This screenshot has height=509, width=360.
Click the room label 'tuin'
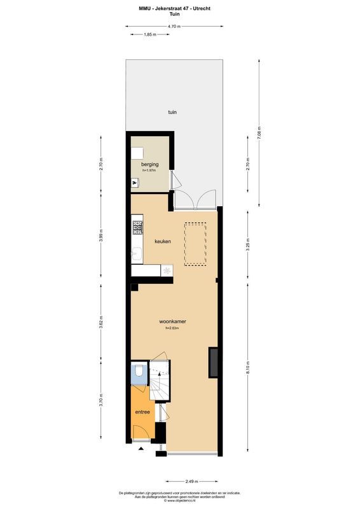[172, 111]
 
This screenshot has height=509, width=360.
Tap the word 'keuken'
[163, 241]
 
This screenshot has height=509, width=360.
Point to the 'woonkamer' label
[172, 321]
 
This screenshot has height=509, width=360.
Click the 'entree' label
[142, 412]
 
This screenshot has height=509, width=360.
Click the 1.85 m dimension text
[150, 34]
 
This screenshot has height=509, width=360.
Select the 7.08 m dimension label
[259, 134]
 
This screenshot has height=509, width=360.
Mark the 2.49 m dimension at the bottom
[191, 482]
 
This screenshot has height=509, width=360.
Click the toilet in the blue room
[140, 373]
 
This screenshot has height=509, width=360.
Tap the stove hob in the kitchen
[137, 226]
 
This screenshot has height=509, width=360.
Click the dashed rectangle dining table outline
[195, 244]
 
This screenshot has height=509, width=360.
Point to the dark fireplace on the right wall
[214, 363]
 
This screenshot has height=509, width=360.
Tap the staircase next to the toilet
[160, 382]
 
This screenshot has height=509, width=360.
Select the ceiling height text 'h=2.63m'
[172, 329]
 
